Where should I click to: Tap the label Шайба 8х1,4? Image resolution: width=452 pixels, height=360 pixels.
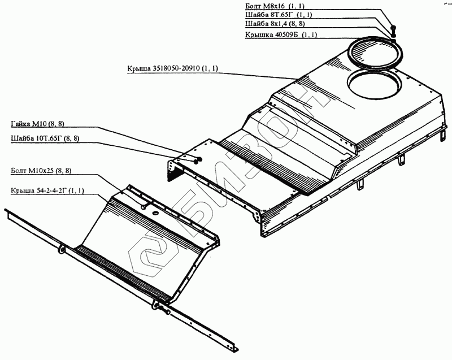(278, 24)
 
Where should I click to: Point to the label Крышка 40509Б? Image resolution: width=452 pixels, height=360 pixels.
(281, 34)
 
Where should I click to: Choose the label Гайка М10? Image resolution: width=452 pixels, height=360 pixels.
(34, 124)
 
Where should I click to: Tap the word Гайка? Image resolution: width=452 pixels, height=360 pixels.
(21, 124)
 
